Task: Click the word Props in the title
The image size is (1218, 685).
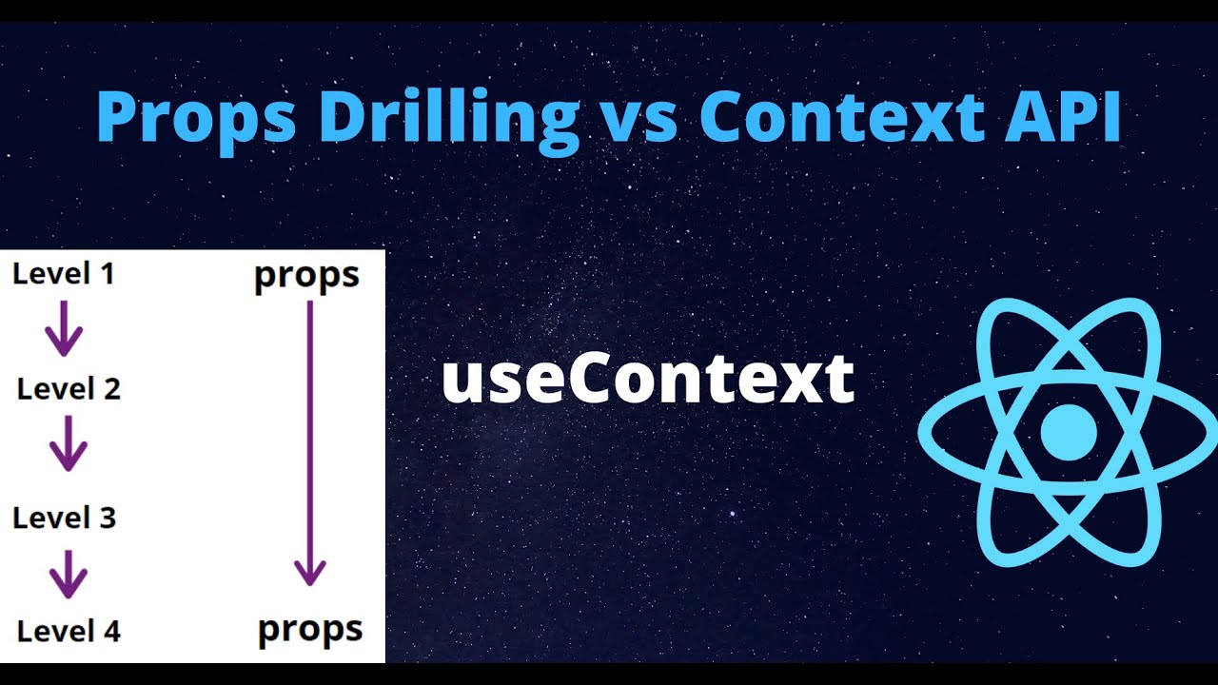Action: coord(196,121)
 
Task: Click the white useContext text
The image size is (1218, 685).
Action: coord(648,379)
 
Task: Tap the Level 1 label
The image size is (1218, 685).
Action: coord(64,273)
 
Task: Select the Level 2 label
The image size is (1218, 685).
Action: coord(69,389)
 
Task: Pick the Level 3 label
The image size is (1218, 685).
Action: coord(64,518)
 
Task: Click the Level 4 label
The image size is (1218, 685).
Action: coord(69,632)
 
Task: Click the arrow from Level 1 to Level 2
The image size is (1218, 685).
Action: coord(64,328)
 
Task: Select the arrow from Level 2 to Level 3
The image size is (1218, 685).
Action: coord(69,443)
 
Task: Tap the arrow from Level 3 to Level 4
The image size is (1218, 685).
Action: coord(69,574)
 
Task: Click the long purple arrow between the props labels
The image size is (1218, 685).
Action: coord(310,443)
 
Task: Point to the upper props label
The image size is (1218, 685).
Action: coord(306,277)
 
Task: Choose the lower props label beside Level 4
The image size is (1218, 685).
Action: coord(310,632)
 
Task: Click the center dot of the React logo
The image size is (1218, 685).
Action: coord(1069,432)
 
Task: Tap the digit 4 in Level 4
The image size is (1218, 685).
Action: coord(111,632)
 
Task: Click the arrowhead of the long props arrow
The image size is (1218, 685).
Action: coord(310,573)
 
